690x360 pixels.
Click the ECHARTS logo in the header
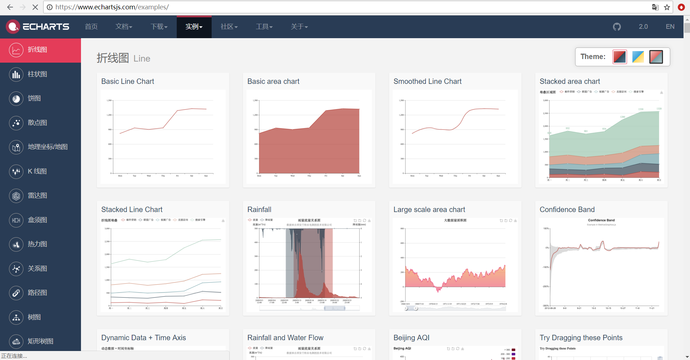tap(38, 27)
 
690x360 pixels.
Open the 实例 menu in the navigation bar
tap(194, 27)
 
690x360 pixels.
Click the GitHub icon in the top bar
tap(617, 27)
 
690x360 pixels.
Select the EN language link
tap(670, 27)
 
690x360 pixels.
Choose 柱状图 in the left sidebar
tap(37, 74)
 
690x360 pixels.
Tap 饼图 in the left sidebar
tap(34, 98)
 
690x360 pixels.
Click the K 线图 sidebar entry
tap(37, 171)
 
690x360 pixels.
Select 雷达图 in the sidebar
tap(37, 195)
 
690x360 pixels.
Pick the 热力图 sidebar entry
tap(37, 244)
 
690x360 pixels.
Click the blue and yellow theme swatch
tap(638, 57)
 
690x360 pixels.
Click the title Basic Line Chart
tap(127, 81)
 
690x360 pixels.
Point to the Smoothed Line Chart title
tap(427, 81)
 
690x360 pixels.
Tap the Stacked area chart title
tap(569, 81)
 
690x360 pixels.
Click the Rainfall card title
tap(259, 210)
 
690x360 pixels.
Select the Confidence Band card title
tap(567, 210)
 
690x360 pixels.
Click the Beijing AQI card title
tap(411, 338)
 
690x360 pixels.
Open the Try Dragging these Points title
tap(581, 338)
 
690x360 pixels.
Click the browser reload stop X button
tap(35, 7)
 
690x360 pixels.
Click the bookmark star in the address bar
tap(667, 7)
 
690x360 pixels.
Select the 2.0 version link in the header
tap(643, 27)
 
